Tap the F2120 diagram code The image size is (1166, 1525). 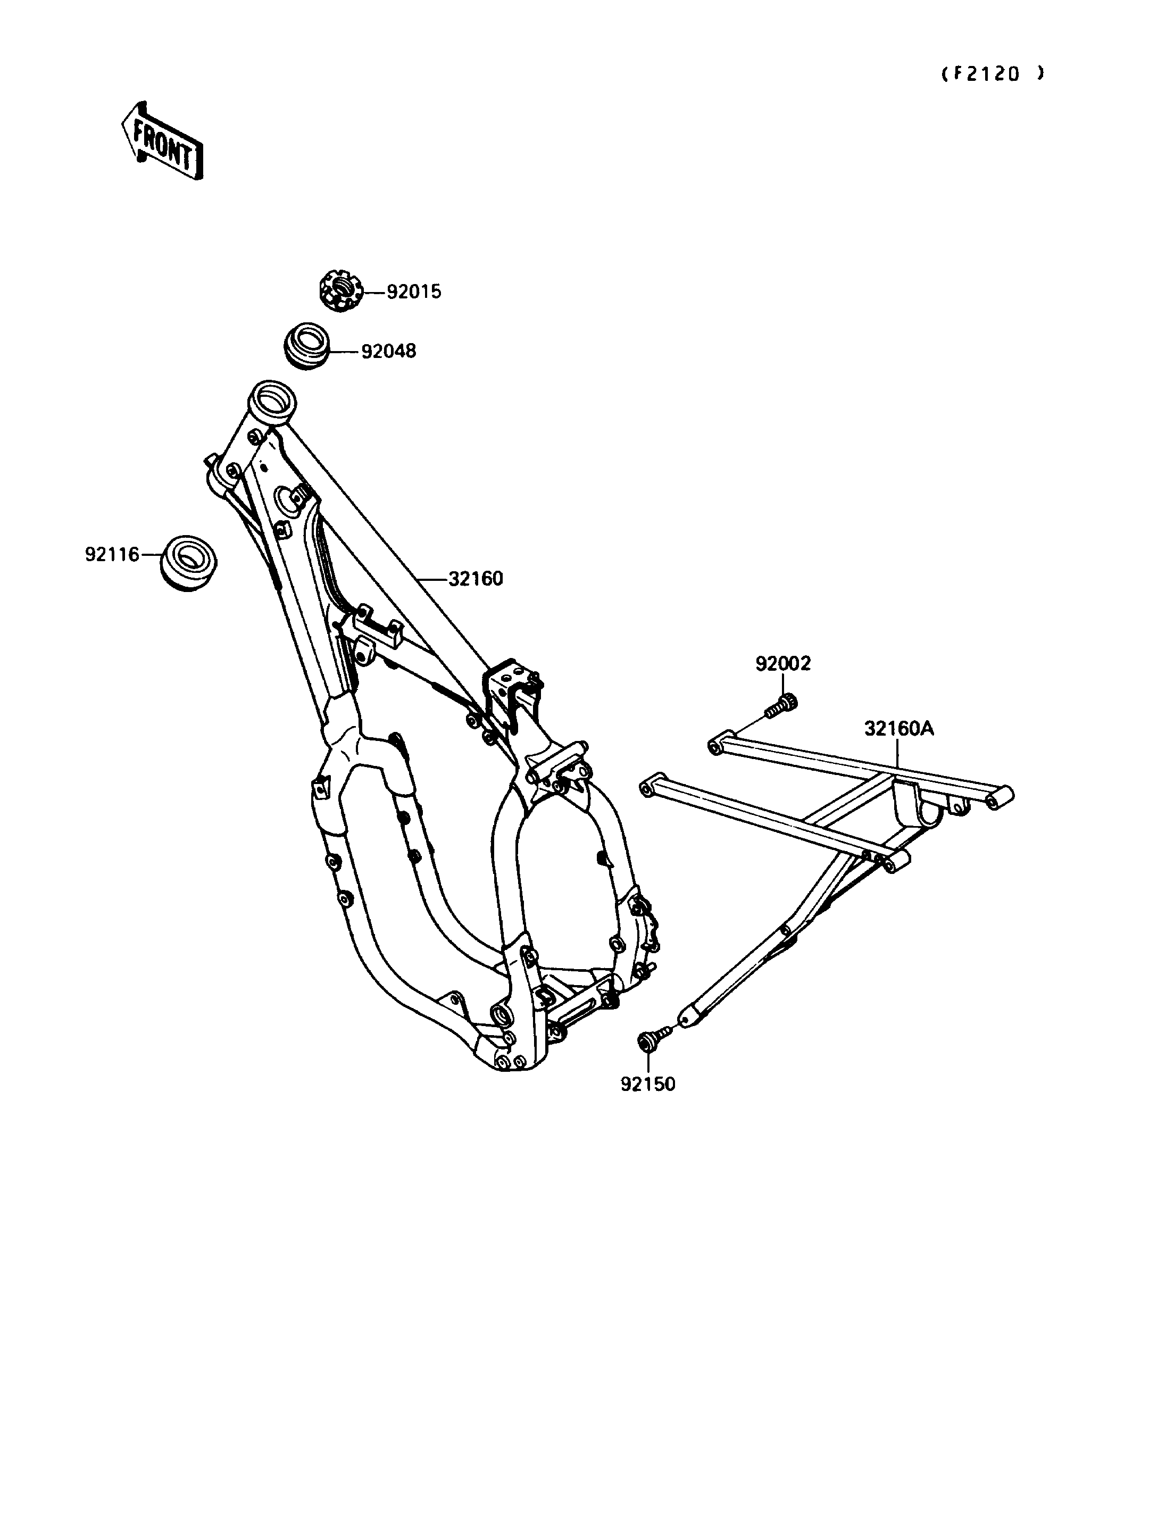992,74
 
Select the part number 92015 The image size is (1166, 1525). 414,292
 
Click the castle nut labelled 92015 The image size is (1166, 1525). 342,291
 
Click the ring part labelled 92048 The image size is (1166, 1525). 306,345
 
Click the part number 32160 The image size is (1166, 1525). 476,578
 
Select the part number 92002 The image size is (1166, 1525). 783,664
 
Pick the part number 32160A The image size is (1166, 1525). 899,729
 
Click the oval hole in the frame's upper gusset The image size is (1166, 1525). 287,498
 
